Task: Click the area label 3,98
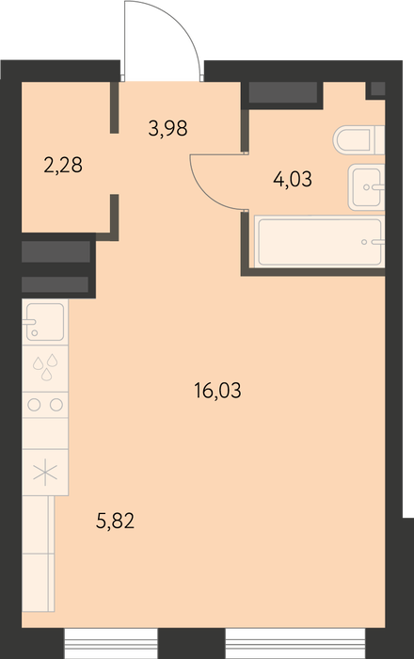point(167,128)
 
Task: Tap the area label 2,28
point(63,165)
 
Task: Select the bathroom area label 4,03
point(293,180)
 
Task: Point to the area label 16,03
point(217,391)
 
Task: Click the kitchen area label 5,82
point(115,522)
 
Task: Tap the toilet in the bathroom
point(359,139)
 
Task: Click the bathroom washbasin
point(367,187)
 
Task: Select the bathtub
point(320,241)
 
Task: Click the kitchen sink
point(45,322)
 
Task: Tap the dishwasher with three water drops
point(45,369)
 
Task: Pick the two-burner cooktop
point(45,405)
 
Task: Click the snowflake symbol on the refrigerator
point(45,473)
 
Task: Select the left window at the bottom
point(111,643)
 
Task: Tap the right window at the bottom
point(295,643)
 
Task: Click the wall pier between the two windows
point(191,643)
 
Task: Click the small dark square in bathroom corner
point(378,88)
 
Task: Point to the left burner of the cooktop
point(35,405)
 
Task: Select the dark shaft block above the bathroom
point(282,92)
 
